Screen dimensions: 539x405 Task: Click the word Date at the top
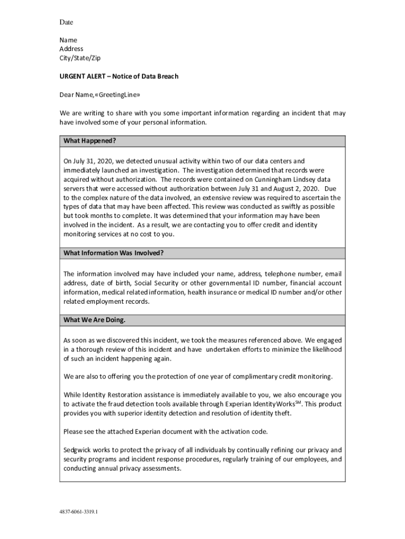[66, 22]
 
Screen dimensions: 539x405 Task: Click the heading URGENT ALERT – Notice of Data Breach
[119, 76]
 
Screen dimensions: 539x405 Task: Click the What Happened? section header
[89, 141]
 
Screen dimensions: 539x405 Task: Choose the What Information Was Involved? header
[114, 253]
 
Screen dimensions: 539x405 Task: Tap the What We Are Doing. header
[95, 320]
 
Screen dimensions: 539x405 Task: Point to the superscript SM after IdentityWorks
[298, 402]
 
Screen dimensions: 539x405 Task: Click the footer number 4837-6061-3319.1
[78, 511]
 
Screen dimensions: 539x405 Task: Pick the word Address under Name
[71, 49]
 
